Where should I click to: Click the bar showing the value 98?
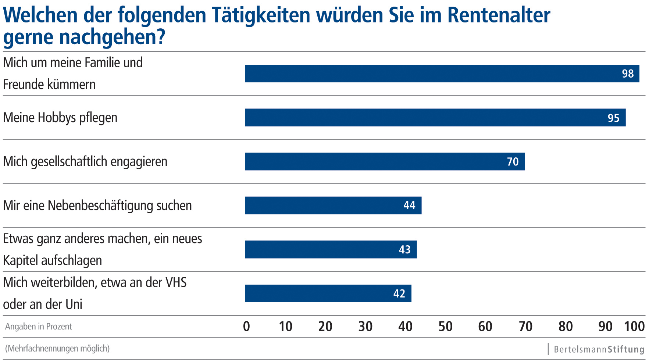(441, 74)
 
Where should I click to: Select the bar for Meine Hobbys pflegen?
(434, 118)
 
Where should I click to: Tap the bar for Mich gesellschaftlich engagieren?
(384, 161)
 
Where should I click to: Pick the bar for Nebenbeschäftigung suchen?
(333, 206)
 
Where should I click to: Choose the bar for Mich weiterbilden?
(328, 293)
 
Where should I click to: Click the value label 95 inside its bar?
(613, 118)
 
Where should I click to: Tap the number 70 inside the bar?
(513, 162)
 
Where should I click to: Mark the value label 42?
(399, 294)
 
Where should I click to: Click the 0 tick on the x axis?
(246, 327)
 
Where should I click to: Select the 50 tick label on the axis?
(445, 327)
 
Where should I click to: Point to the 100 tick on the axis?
(634, 327)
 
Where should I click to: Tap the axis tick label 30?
(365, 327)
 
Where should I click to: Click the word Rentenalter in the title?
(499, 15)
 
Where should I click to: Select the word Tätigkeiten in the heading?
(261, 15)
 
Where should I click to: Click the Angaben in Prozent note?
(39, 327)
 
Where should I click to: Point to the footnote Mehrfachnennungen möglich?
(57, 348)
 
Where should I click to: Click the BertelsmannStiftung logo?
(599, 349)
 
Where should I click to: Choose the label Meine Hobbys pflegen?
(60, 118)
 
